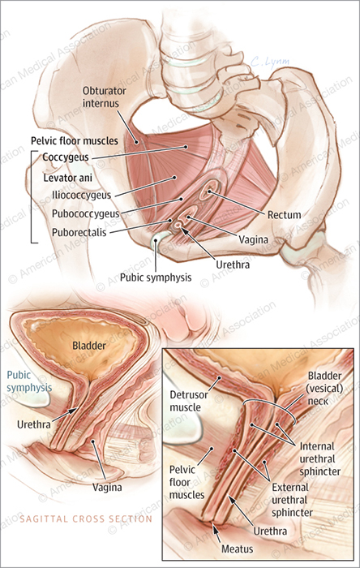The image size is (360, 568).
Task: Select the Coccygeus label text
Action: (x=66, y=157)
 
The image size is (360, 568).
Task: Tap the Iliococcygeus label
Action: (x=81, y=196)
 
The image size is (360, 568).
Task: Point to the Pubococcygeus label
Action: (x=85, y=213)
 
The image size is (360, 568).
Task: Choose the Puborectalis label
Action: (x=79, y=232)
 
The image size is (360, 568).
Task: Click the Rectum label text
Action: (x=284, y=215)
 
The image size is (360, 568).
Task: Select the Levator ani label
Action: (x=67, y=178)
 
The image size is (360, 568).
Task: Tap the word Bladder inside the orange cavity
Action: (x=89, y=345)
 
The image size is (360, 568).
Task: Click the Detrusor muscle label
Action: (x=189, y=401)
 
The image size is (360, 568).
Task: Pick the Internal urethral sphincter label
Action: (x=319, y=458)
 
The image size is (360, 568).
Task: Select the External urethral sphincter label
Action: (x=292, y=500)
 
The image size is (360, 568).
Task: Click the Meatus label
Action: (x=237, y=549)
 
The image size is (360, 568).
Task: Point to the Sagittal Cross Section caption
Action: (x=86, y=519)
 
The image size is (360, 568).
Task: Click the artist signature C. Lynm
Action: (x=270, y=62)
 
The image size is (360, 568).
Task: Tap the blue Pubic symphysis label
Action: (x=29, y=381)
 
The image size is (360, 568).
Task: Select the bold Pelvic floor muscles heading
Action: (x=75, y=140)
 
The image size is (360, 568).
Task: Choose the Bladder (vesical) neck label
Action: (x=325, y=389)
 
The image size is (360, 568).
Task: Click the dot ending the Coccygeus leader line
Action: (x=186, y=147)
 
